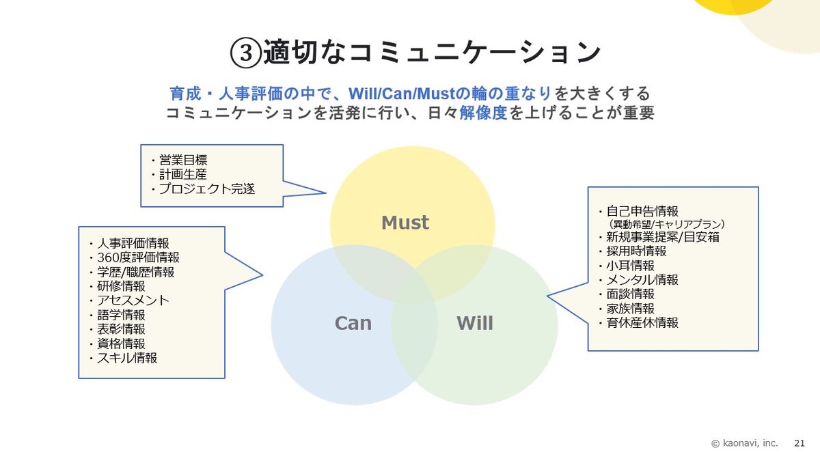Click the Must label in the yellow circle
[x=405, y=223]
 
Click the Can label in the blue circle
[x=353, y=323]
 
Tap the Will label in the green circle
[x=474, y=323]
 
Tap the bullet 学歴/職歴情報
[x=135, y=272]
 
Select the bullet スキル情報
[x=126, y=357]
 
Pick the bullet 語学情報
[x=121, y=315]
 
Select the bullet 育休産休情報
[x=642, y=322]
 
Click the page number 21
[x=799, y=443]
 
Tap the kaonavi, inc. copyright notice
[x=745, y=443]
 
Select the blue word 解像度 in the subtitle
[x=483, y=113]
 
